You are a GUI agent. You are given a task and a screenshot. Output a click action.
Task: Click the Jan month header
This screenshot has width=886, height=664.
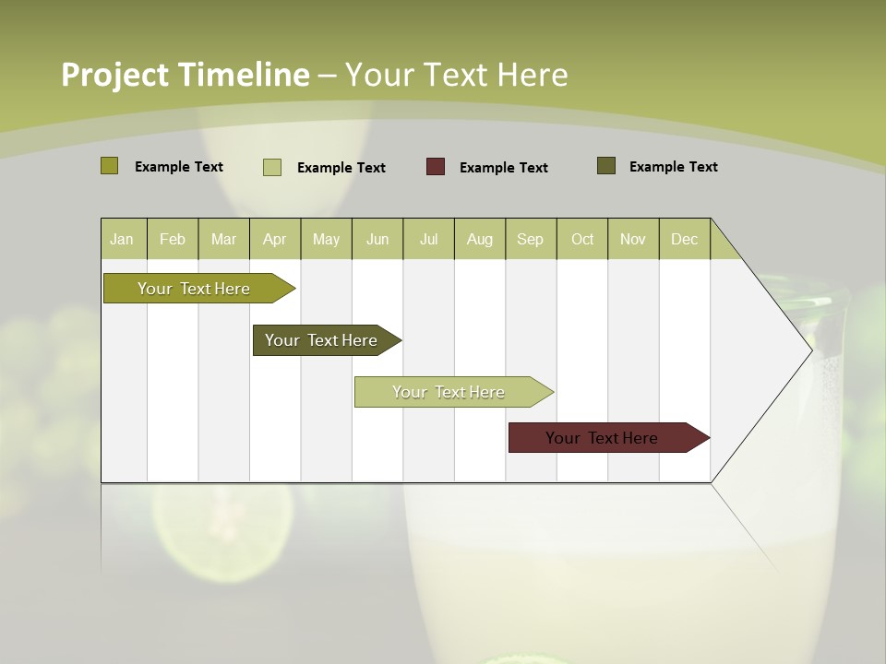pos(122,239)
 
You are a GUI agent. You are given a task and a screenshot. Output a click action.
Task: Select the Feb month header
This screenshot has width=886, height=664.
pos(173,239)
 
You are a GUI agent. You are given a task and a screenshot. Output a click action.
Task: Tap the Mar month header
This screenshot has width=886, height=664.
pos(223,239)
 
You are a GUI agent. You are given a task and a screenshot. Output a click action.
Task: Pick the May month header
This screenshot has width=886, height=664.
pos(326,239)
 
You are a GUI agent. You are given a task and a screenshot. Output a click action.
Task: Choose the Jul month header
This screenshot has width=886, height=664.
pos(428,239)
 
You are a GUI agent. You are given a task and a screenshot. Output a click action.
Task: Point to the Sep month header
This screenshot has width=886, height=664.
pos(530,239)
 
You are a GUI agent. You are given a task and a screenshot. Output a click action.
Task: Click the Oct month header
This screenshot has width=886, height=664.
pos(582,239)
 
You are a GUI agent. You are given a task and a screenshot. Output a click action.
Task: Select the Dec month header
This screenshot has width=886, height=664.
pos(684,239)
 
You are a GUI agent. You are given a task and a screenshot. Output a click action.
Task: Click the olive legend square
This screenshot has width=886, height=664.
pos(110,166)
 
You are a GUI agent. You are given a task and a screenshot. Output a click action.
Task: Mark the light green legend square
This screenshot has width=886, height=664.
pos(272,167)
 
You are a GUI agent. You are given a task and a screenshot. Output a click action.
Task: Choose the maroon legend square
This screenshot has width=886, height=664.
pos(436,166)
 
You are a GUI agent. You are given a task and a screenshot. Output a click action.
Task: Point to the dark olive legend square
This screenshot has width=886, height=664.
pos(606,166)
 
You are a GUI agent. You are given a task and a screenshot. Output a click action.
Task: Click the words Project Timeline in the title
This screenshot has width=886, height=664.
pos(185,75)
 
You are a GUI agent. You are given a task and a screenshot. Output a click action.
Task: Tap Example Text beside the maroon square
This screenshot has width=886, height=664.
pos(503,167)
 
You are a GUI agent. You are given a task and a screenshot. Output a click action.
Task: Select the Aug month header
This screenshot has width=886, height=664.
pos(479,239)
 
